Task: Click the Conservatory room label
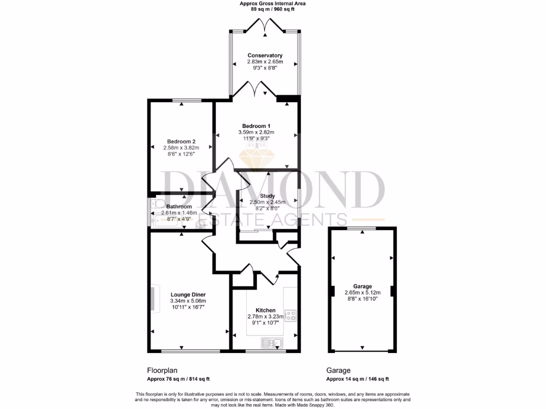[x=265, y=55]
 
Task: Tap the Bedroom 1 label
[x=256, y=126]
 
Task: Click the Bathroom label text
[x=179, y=206]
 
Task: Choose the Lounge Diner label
[x=188, y=295]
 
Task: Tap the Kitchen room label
[x=265, y=310]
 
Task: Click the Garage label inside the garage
[x=362, y=286]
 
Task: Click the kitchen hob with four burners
[x=291, y=316]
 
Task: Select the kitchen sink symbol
[x=272, y=342]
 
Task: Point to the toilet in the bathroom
[x=156, y=204]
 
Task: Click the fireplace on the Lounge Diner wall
[x=153, y=298]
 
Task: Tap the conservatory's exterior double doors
[x=265, y=26]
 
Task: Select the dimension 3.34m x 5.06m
[x=188, y=301]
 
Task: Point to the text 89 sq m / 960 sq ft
[x=272, y=9]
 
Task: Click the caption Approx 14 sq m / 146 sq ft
[x=357, y=379]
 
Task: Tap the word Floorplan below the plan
[x=162, y=370]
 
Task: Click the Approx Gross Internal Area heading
[x=272, y=3]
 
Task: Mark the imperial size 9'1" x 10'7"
[x=265, y=322]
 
